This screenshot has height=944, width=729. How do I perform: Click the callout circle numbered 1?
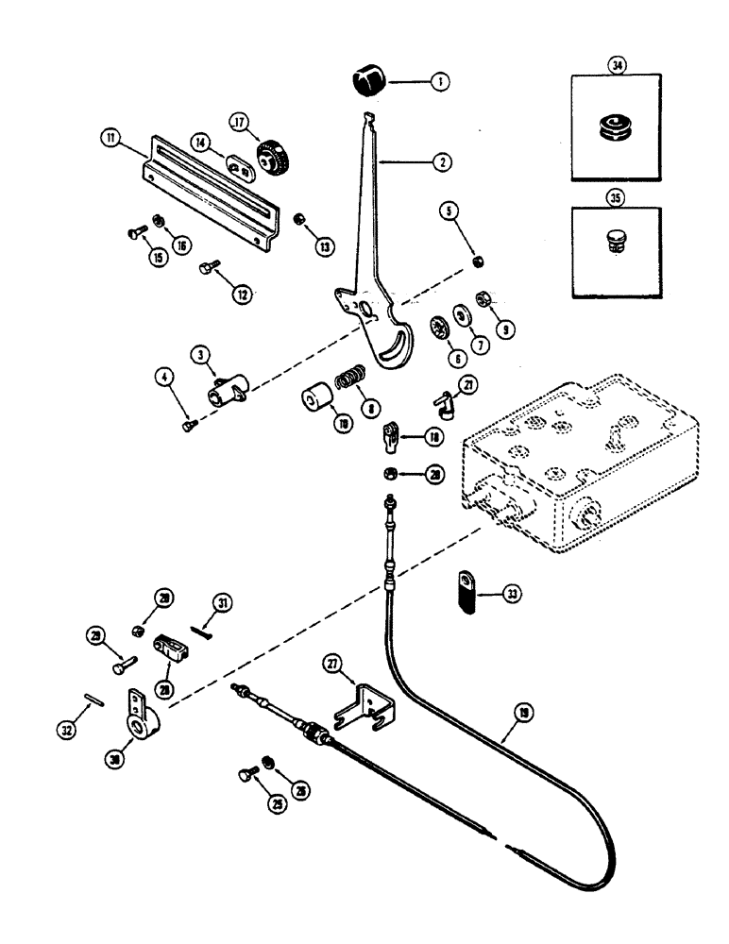click(x=439, y=82)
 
